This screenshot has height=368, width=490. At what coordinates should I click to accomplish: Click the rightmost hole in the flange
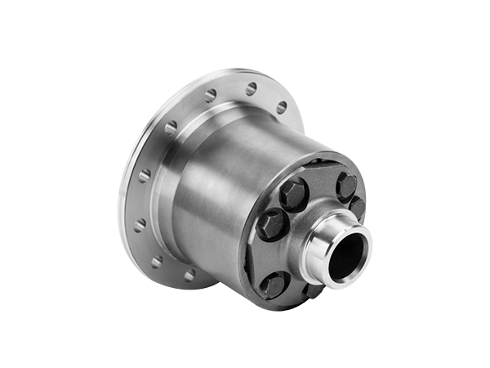coord(281,107)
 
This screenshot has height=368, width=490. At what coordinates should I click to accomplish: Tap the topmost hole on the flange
coord(252,87)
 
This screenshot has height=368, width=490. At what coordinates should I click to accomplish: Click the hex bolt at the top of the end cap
coord(346,185)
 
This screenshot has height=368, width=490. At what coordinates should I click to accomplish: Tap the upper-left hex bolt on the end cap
coord(293,193)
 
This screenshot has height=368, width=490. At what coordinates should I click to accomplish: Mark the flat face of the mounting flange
coord(163,147)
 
